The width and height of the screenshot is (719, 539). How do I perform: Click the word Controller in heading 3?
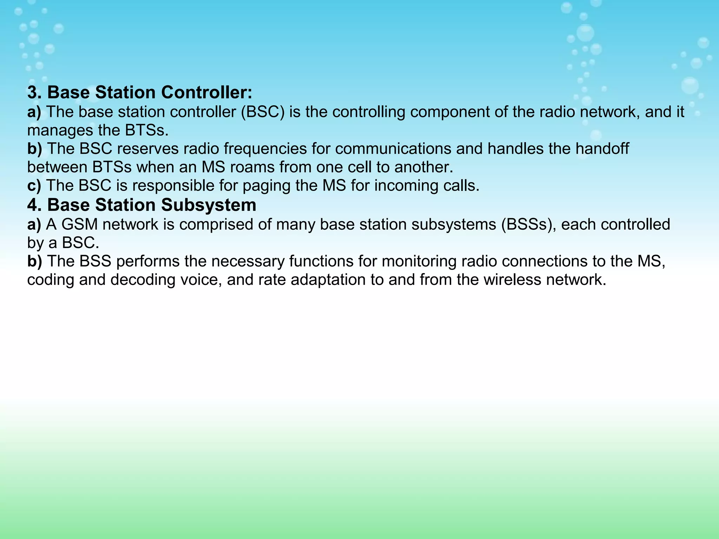tap(206, 93)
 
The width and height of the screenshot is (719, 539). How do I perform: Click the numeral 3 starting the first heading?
tap(32, 93)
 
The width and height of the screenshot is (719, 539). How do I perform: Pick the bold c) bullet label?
tap(34, 186)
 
